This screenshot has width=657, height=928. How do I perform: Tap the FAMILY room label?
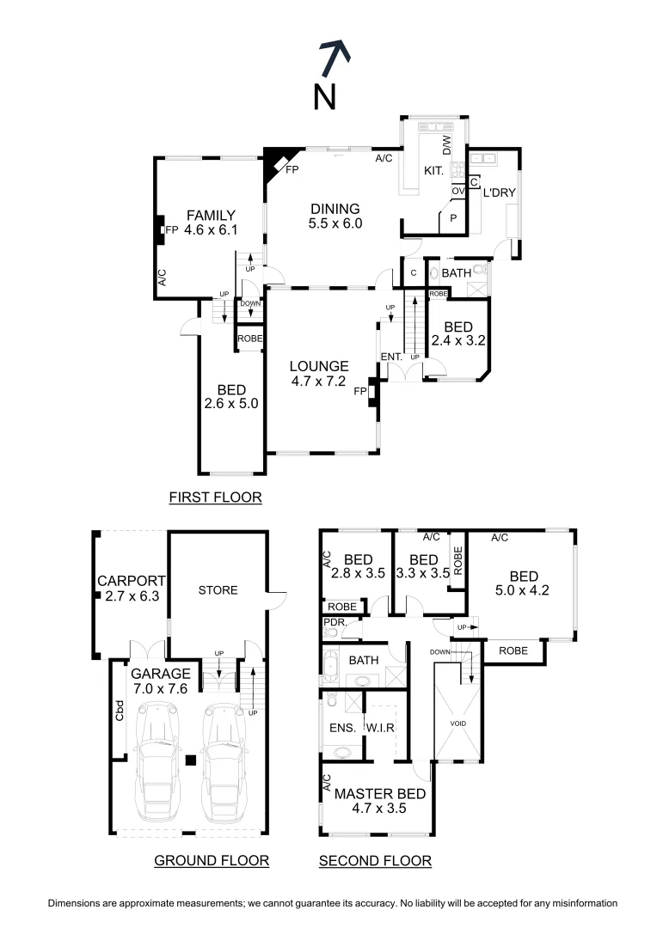coord(212,215)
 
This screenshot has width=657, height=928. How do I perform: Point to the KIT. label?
coord(433,171)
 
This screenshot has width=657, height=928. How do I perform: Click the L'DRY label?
coord(499,192)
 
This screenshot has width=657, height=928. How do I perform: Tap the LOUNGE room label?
coord(318,365)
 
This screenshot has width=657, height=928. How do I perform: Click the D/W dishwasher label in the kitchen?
coord(446,145)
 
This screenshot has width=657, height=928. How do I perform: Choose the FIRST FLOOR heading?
coord(215,497)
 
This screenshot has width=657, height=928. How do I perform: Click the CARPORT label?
coord(126,579)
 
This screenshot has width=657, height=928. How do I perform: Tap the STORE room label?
coord(218,590)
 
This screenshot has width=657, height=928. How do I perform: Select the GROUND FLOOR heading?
coord(212,860)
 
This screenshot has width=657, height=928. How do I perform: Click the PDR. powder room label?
coord(334,622)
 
